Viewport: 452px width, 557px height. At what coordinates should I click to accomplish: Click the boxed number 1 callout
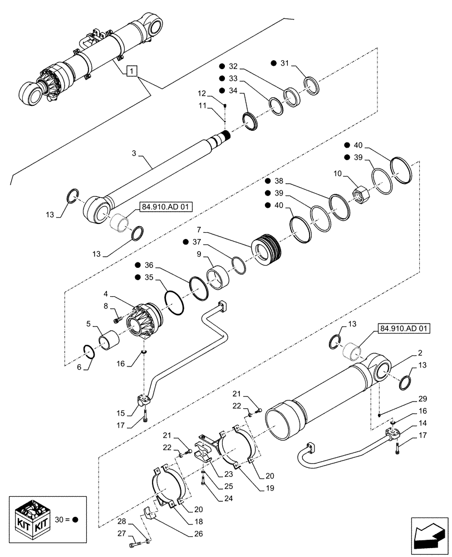coord(131,71)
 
